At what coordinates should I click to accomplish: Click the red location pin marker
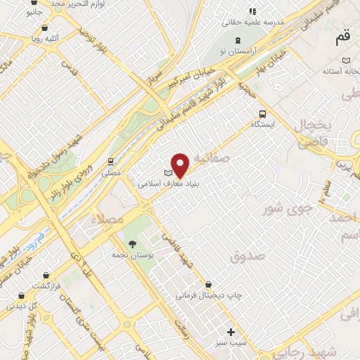tap(181, 165)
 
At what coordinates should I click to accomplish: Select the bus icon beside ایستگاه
tap(262, 114)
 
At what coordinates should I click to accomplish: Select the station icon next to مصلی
tap(111, 162)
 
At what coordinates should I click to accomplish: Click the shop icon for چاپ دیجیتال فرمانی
tap(207, 286)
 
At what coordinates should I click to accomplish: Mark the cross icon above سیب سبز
tap(231, 332)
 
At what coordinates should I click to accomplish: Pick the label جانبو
tap(34, 13)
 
